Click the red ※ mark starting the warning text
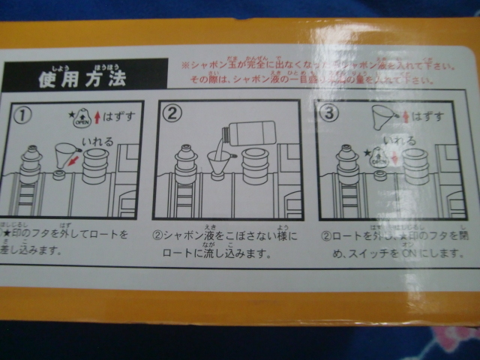pyautogui.click(x=185, y=66)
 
